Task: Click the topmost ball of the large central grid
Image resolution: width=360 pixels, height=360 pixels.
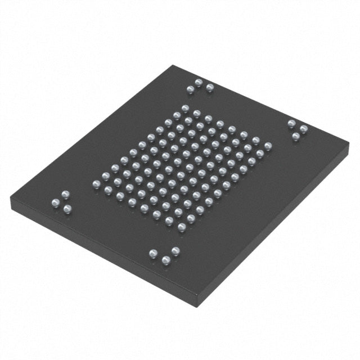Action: point(184,109)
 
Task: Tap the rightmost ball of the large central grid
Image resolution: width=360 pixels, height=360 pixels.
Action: point(268,146)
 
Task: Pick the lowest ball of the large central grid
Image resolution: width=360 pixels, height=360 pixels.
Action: point(182,227)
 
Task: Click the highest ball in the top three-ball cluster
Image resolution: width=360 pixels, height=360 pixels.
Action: point(199,83)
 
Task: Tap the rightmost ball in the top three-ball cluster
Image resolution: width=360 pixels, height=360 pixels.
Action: point(210,87)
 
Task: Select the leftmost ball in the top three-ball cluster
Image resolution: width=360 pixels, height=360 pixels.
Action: point(190,89)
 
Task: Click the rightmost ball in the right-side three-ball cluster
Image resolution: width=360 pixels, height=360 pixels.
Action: point(304,129)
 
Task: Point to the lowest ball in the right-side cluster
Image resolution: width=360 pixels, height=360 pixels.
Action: point(295,136)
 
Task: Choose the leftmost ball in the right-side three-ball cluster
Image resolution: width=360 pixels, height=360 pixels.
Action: point(291,123)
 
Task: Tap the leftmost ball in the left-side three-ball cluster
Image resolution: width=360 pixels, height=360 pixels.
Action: point(56,202)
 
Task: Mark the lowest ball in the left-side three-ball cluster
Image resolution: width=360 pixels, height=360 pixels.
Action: point(67,209)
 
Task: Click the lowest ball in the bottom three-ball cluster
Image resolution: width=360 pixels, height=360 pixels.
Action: point(166,260)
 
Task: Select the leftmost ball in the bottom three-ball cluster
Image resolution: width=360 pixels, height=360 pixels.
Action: point(153,253)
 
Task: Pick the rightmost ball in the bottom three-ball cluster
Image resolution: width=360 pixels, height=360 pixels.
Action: point(175,250)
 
